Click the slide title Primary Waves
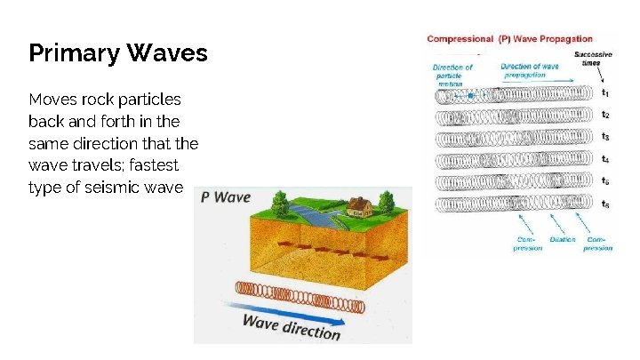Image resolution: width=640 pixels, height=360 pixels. (x=118, y=53)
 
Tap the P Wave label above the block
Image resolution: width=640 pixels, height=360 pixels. (x=226, y=196)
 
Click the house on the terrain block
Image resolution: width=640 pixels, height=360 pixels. (x=359, y=207)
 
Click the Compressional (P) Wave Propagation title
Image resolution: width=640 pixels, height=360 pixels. (x=509, y=39)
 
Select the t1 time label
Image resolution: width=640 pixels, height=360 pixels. (x=605, y=92)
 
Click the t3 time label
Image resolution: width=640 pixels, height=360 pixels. (x=605, y=137)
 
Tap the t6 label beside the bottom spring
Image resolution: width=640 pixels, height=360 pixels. (x=605, y=204)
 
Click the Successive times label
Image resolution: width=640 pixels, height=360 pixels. (x=593, y=58)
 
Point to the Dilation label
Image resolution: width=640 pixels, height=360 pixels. (x=563, y=239)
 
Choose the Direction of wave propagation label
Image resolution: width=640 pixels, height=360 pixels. (x=530, y=70)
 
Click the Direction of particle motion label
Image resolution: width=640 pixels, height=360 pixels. (x=452, y=75)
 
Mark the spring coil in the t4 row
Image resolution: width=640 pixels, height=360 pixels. (x=516, y=161)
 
